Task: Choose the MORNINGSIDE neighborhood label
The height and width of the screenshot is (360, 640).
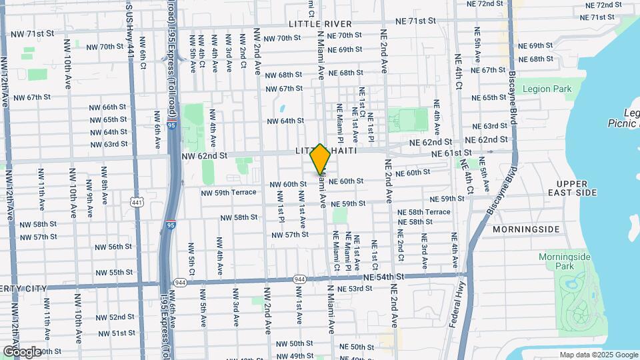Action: click(x=527, y=229)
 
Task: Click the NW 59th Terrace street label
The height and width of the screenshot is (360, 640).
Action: click(x=229, y=193)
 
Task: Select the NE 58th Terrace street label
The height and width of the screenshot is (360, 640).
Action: click(x=424, y=212)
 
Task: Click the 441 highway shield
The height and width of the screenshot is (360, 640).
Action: click(x=137, y=202)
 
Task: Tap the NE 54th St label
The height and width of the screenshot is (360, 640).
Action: click(x=383, y=277)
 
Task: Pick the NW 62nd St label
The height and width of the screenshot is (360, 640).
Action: click(x=205, y=155)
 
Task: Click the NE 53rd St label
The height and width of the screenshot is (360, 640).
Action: click(x=355, y=289)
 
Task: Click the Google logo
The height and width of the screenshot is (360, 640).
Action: click(x=22, y=351)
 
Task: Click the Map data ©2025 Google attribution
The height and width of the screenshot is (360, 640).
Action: click(x=598, y=355)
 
